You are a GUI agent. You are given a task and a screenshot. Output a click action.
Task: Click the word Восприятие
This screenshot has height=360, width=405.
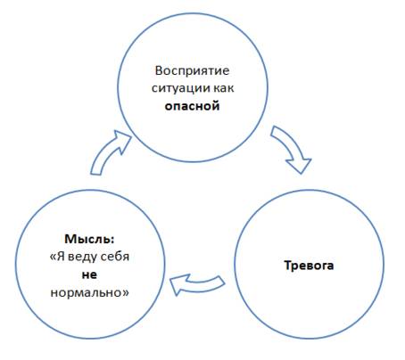click(192, 71)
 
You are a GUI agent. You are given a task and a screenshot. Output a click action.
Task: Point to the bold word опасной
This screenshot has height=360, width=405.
click(192, 106)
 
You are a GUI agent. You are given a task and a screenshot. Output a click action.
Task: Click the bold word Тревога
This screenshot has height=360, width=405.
click(309, 266)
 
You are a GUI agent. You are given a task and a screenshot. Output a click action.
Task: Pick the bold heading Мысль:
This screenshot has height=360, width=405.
click(89, 239)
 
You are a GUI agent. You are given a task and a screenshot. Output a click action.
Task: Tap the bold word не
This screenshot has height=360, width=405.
click(89, 274)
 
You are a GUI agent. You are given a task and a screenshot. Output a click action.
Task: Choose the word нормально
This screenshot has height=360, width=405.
click(87, 293)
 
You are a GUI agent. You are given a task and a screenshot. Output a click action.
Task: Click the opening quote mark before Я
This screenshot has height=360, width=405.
click(53, 258)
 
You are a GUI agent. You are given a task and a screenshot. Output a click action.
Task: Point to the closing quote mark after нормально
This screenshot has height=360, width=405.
click(126, 293)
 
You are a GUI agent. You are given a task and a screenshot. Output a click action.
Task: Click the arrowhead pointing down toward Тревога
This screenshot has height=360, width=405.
click(300, 164)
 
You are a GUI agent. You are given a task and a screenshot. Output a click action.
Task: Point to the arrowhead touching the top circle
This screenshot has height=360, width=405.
click(122, 140)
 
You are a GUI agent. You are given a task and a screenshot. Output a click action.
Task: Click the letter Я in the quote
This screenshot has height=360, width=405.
click(61, 257)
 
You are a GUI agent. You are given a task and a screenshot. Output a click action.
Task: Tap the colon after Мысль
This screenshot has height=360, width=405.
click(112, 240)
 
